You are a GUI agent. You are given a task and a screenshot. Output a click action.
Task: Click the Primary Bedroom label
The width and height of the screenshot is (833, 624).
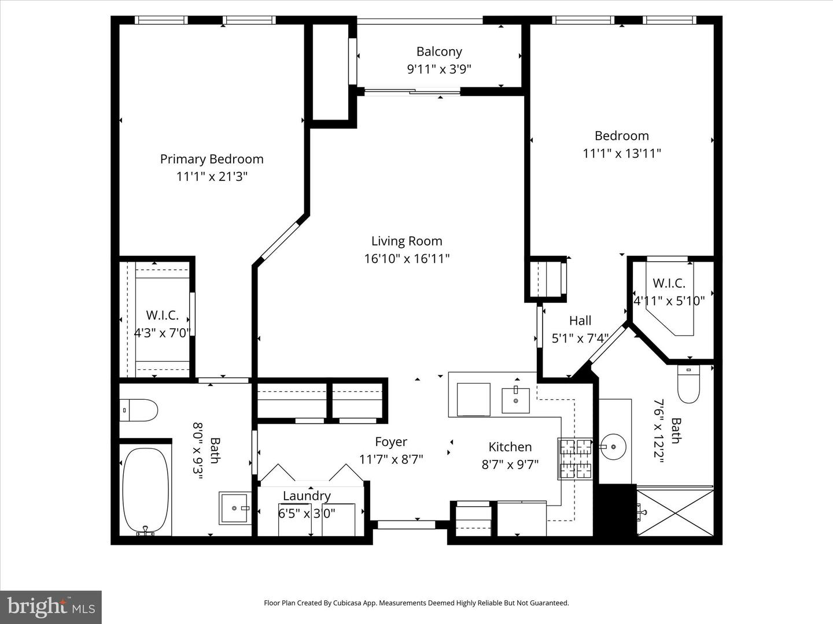click(212, 159)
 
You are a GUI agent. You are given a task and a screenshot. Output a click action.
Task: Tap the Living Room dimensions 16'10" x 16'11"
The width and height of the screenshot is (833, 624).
click(407, 258)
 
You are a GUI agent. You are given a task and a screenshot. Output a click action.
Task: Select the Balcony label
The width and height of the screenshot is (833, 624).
click(439, 51)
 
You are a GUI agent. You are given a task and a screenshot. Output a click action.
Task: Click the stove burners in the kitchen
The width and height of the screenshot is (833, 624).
click(575, 459)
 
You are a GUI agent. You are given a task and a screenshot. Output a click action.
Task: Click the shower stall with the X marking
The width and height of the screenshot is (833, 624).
click(675, 512)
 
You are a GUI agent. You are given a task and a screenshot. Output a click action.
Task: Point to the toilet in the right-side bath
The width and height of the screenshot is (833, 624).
click(688, 384)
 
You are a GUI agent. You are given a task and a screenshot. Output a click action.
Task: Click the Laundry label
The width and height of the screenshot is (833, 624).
click(307, 496)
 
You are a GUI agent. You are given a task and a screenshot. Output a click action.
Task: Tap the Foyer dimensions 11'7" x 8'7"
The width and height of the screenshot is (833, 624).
click(391, 459)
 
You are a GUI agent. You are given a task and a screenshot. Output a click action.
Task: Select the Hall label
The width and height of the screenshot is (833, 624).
click(580, 321)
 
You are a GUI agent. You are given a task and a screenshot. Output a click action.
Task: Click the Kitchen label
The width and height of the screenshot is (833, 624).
click(510, 447)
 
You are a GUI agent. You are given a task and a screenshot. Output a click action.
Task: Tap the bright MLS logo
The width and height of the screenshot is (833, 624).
click(50, 607)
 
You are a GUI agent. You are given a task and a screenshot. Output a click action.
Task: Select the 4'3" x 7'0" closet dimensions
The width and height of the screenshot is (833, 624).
click(162, 333)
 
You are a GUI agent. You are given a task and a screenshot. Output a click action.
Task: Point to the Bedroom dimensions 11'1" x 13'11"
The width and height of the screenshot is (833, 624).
click(621, 153)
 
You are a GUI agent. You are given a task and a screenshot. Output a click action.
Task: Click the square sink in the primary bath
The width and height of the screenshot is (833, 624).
click(234, 508)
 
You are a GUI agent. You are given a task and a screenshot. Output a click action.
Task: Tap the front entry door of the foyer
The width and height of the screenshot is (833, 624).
click(406, 525)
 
